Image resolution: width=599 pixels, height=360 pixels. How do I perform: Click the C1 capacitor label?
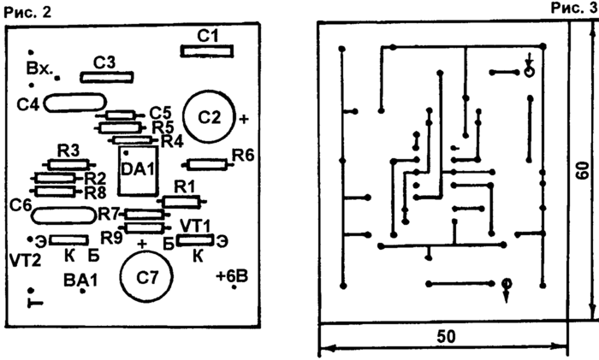(x=208, y=36)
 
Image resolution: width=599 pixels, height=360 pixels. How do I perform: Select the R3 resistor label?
(x=68, y=150)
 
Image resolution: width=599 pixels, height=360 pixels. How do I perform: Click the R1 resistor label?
(x=184, y=186)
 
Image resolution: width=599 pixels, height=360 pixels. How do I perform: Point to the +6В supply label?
(x=233, y=276)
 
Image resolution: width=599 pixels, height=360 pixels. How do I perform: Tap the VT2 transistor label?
(x=25, y=257)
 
